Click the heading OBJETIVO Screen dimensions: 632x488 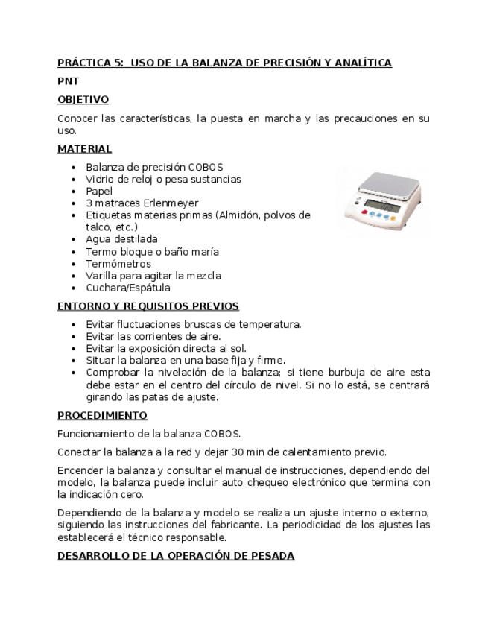coord(83,99)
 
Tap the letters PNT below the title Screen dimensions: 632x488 coord(68,81)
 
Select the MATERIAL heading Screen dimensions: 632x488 coord(84,149)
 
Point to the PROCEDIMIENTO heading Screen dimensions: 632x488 coord(102,415)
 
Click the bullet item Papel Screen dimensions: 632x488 coord(99,192)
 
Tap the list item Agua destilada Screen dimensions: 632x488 coord(121,239)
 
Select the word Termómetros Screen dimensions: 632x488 coord(118,264)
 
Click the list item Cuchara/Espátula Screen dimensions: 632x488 coord(127,288)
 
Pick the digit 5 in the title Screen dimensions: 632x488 coord(119,63)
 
